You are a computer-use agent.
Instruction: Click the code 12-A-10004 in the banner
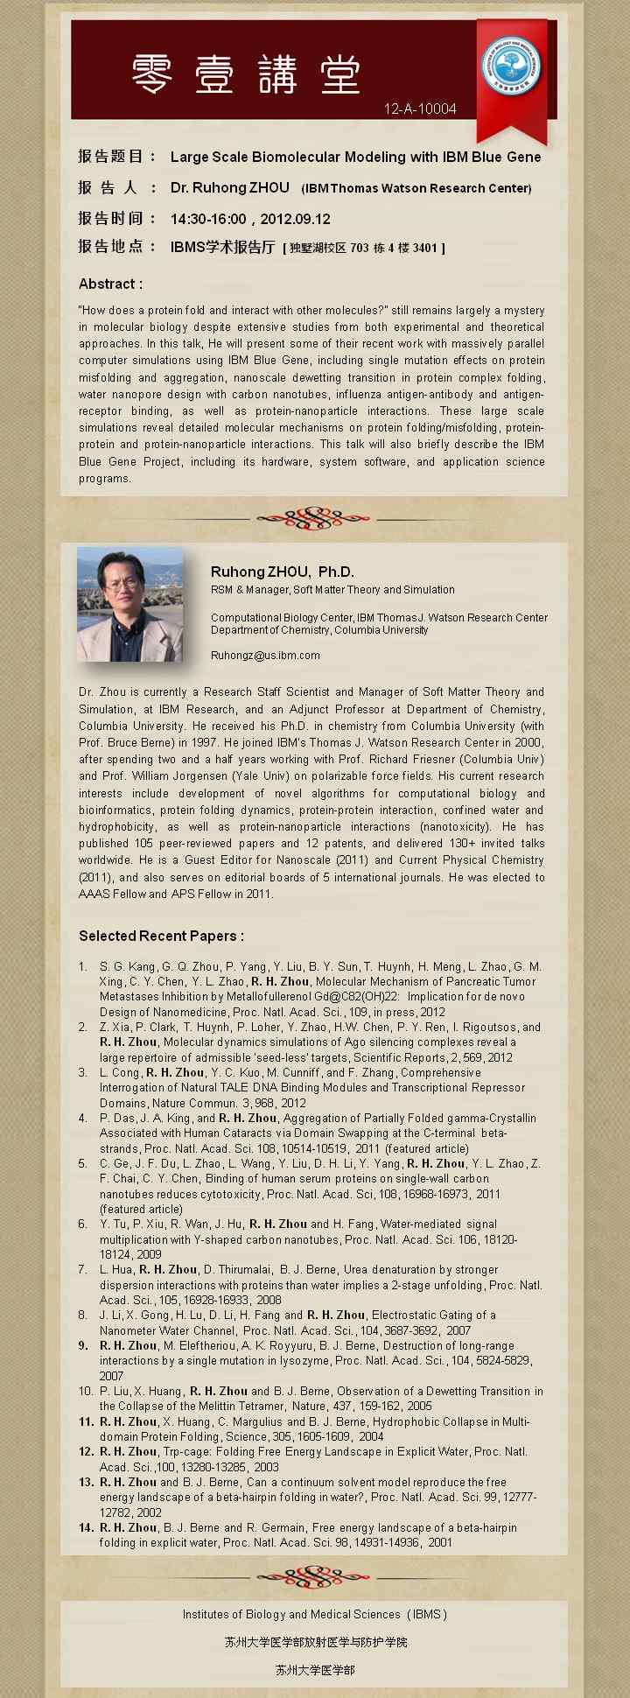[x=420, y=109]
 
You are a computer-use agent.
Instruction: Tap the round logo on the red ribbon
[x=511, y=67]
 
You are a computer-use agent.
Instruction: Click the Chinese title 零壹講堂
[x=246, y=74]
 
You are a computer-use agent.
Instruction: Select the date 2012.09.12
[x=295, y=219]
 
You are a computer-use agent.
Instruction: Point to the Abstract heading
[x=110, y=284]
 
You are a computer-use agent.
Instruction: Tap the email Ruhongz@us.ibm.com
[x=265, y=655]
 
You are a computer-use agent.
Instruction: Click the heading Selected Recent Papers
[x=161, y=936]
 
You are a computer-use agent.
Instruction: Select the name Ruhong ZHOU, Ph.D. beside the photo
[x=282, y=572]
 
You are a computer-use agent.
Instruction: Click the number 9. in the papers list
[x=84, y=1345]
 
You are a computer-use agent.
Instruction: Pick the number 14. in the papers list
[x=86, y=1527]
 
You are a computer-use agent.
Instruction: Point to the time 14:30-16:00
[x=208, y=219]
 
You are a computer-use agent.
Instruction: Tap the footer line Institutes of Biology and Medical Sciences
[x=314, y=1614]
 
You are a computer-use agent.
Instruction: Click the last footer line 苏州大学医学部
[x=315, y=1670]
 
